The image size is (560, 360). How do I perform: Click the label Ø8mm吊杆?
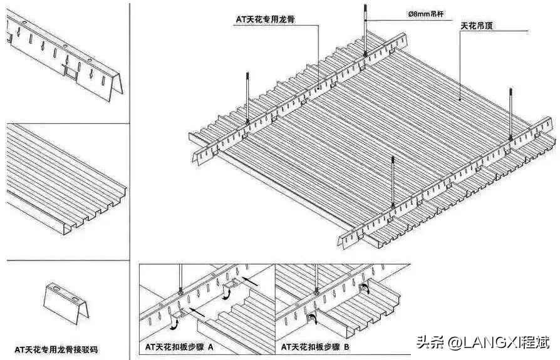(426, 14)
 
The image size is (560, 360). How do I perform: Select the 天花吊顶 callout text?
(482, 28)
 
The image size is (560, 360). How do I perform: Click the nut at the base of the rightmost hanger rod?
(512, 137)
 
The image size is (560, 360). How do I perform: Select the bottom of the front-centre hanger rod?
(392, 205)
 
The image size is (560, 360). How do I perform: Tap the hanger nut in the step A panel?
(180, 292)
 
